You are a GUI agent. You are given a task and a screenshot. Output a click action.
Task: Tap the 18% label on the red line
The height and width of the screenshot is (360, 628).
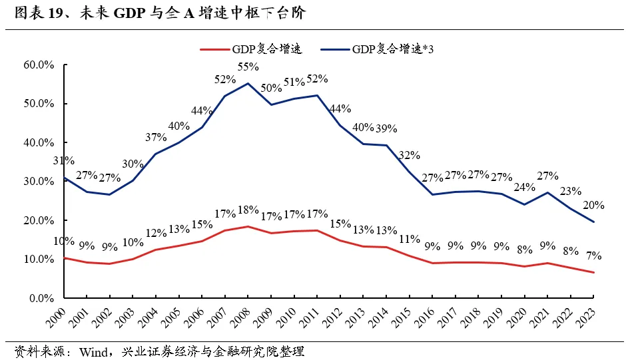(x=248, y=210)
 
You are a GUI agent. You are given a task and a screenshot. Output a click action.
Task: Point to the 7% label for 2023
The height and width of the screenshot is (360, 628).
(x=593, y=255)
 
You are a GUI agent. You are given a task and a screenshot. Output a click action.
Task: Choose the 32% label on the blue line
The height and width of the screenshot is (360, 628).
(x=409, y=155)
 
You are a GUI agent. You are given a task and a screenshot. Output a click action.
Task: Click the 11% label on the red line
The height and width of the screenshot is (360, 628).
(x=409, y=239)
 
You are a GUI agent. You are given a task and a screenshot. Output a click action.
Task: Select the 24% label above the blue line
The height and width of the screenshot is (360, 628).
(x=523, y=187)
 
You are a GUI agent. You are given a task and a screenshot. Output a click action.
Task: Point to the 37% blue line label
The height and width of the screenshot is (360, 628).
(x=155, y=137)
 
